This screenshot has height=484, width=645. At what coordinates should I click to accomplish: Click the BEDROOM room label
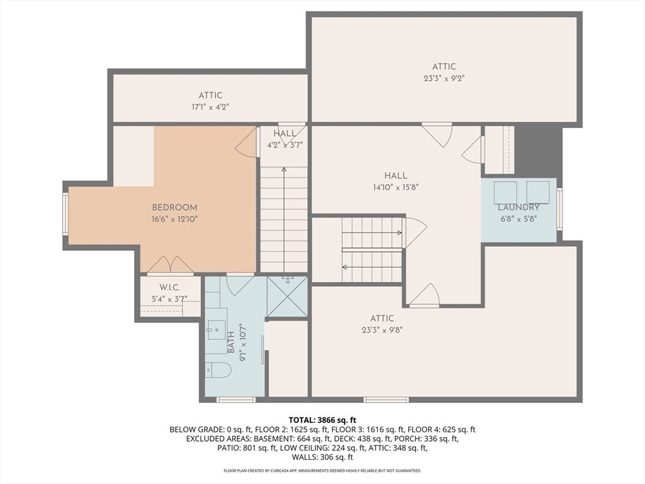[x=174, y=208]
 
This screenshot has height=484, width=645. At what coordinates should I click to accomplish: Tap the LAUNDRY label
[x=519, y=207]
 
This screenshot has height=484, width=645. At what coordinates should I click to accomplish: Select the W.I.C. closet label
[x=170, y=287]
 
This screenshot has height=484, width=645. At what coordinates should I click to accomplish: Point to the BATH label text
[x=231, y=342]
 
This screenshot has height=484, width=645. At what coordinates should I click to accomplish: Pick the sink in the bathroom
[x=217, y=330]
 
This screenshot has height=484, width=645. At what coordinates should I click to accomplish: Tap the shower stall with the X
[x=287, y=296]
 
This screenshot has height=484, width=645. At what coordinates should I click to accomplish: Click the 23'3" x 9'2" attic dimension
[x=444, y=78]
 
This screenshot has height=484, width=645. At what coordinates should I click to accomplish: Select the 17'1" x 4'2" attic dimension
[x=210, y=107]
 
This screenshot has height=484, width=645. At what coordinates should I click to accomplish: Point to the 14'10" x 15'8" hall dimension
[x=396, y=187]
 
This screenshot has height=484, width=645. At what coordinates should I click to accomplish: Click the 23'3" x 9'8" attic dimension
[x=382, y=330]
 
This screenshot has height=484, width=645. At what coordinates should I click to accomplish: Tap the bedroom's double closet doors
[x=170, y=265]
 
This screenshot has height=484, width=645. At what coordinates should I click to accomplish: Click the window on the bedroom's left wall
[x=66, y=214]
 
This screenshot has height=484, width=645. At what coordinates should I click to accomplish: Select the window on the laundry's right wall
[x=559, y=208]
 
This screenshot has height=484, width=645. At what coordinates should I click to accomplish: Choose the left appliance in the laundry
[x=505, y=192]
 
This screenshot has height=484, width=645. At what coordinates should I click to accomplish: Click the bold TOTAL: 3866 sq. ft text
[x=322, y=420]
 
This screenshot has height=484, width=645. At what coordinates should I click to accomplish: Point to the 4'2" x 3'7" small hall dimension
[x=285, y=145]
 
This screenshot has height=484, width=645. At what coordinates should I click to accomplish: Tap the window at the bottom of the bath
[x=236, y=399]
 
